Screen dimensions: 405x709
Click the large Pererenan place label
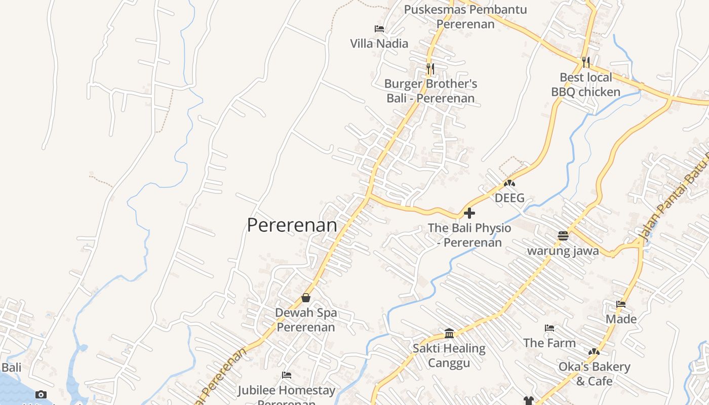pos(292,225)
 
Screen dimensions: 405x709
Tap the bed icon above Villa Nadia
pos(379,29)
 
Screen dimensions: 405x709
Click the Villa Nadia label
pos(379,44)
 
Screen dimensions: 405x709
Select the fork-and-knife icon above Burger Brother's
pos(430,68)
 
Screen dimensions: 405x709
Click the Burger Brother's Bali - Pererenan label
pos(430,91)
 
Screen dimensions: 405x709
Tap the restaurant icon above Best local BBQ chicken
pos(585,62)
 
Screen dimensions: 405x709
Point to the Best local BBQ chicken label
pos(585,85)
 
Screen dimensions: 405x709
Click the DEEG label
pos(509,198)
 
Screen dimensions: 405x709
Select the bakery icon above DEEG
pos(509,183)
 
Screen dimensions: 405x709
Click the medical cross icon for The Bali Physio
pos(469,213)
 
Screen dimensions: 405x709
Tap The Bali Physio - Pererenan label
pos(469,235)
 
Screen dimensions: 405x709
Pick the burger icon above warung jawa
pos(563,235)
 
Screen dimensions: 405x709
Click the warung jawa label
pos(563,251)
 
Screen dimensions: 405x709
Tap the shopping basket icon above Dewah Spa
pos(306,298)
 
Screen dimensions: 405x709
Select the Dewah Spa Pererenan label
pos(306,320)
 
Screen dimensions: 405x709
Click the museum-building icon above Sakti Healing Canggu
pos(449,333)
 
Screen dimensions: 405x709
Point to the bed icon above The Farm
pos(549,328)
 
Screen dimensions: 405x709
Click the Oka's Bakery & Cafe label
pos(594,374)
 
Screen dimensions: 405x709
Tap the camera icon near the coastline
pos(41,394)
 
